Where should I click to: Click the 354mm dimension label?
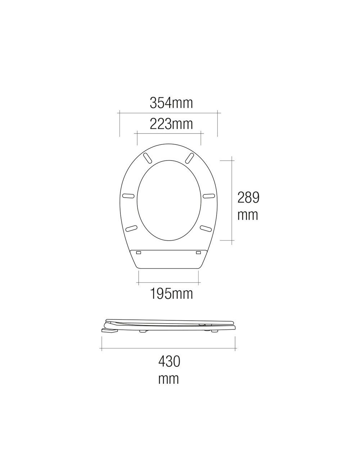tap(171, 103)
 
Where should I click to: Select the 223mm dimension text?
tap(171, 124)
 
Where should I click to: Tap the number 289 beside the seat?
tap(248, 197)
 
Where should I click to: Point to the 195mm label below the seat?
tap(171, 294)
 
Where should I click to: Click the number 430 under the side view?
tap(169, 361)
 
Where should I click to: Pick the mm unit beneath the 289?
tap(248, 215)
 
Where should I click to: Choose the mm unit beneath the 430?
tap(169, 379)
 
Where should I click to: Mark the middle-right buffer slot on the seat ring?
tap(209, 196)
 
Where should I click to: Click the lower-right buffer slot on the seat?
tap(206, 228)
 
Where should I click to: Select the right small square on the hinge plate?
tap(198, 253)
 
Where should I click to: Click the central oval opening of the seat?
tap(168, 200)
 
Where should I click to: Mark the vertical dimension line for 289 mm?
tap(231, 200)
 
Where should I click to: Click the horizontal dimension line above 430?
tap(168, 348)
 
